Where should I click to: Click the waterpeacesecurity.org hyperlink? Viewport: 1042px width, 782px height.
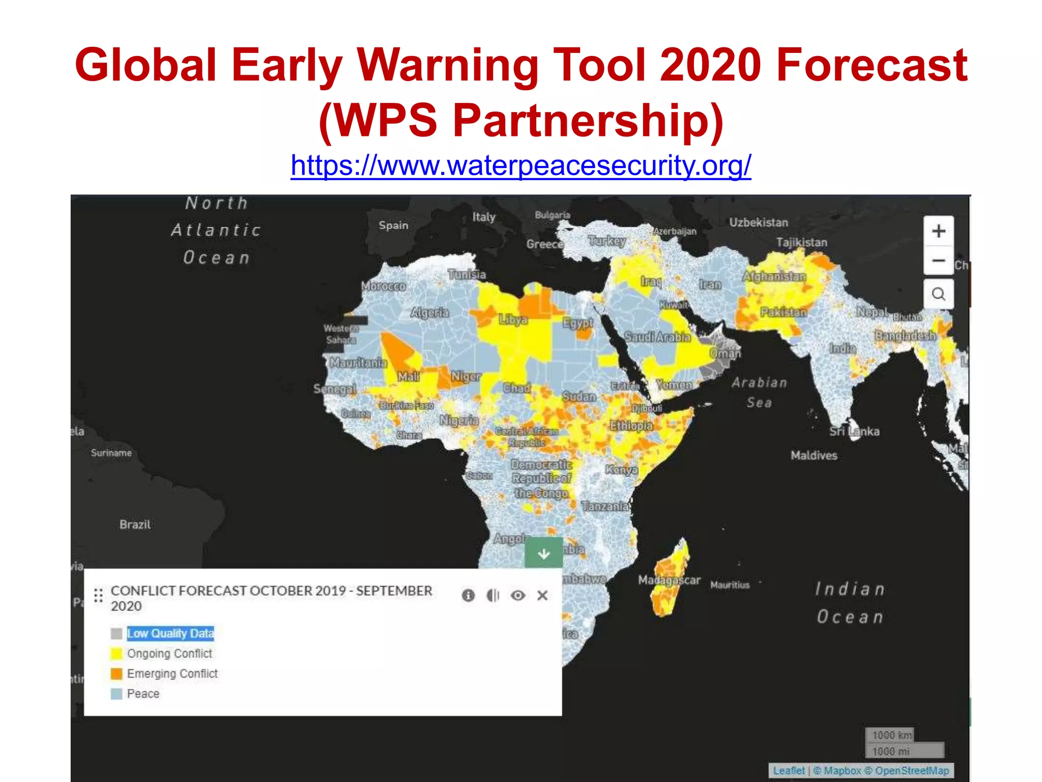(x=520, y=165)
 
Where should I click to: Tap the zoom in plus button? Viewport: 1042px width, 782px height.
(x=939, y=231)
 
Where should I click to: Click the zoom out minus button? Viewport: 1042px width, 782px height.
(x=939, y=261)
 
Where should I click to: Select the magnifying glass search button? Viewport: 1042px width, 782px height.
(x=939, y=294)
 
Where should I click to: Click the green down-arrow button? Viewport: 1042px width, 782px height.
(x=544, y=553)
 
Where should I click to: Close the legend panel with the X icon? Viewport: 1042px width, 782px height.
(x=542, y=595)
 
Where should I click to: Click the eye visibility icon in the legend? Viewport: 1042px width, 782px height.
(x=518, y=595)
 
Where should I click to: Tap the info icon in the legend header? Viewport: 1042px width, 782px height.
(x=468, y=595)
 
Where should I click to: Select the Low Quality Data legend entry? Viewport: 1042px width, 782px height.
(x=170, y=633)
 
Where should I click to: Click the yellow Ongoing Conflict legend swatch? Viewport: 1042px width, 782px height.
(x=117, y=654)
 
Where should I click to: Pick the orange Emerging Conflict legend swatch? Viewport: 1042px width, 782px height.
(x=117, y=674)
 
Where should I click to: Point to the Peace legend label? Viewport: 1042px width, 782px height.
(x=143, y=694)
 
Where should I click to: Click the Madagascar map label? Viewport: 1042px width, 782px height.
(x=669, y=580)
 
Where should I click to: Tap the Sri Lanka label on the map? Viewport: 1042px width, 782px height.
(x=854, y=431)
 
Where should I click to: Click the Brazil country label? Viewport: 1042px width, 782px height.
(x=135, y=524)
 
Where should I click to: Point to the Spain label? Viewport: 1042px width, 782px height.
(x=393, y=225)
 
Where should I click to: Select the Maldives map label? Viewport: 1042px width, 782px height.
(x=814, y=455)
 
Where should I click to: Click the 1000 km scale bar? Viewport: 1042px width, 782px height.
(x=891, y=735)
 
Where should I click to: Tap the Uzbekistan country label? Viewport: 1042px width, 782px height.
(x=759, y=222)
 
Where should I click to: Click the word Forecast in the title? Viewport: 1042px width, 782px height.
(x=872, y=65)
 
